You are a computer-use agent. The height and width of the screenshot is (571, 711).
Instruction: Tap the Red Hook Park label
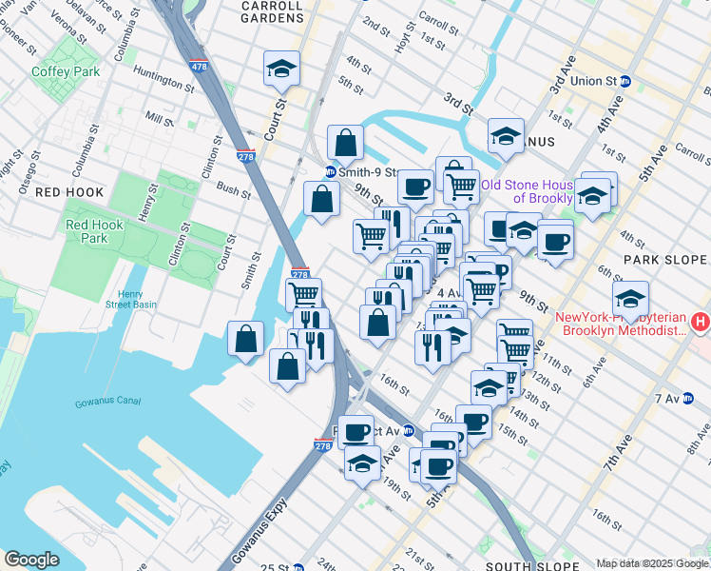click(x=87, y=231)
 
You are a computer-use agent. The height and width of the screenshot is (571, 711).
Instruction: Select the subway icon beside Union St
click(x=625, y=81)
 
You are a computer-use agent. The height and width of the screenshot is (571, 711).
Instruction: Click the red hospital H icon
click(x=701, y=323)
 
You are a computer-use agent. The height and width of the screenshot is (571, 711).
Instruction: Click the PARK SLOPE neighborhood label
click(x=665, y=260)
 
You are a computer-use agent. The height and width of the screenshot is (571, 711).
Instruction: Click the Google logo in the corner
click(x=31, y=560)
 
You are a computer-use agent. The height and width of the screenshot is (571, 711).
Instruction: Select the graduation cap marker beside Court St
click(x=281, y=69)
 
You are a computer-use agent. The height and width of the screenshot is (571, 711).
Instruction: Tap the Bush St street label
click(x=233, y=190)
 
